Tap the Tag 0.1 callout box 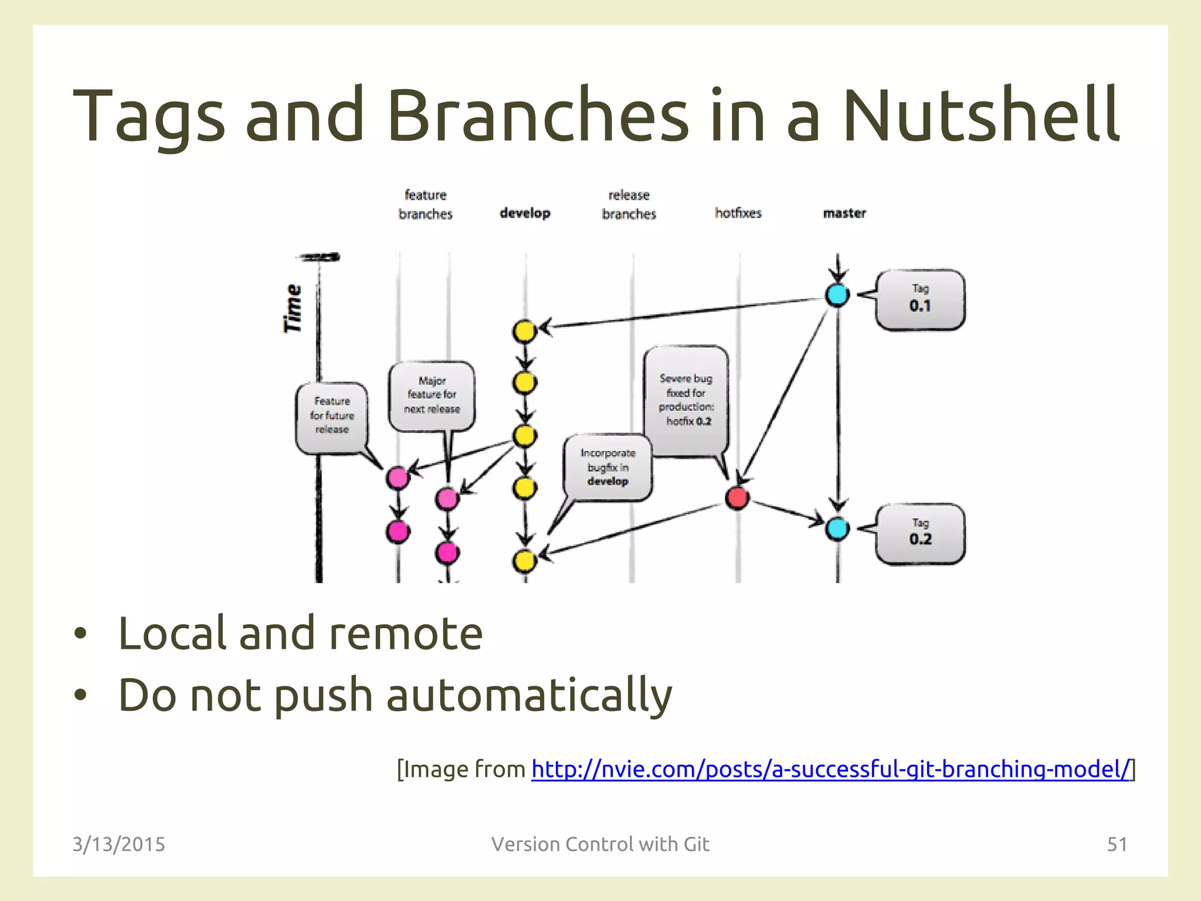click(920, 300)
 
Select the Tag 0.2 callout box click(920, 534)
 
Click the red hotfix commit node click(737, 497)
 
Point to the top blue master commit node click(837, 294)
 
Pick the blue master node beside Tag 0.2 click(837, 529)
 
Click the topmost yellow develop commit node click(524, 331)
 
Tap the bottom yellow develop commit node click(524, 561)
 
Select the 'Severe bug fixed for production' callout click(686, 400)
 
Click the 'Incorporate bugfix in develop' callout click(608, 468)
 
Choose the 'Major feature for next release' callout click(432, 395)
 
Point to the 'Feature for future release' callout click(332, 416)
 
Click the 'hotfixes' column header click(738, 213)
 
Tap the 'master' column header click(844, 214)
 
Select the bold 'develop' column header click(525, 214)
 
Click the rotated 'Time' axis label click(293, 308)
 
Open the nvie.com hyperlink click(830, 769)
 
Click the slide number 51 click(1117, 844)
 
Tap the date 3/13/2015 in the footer click(119, 844)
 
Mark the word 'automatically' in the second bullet click(529, 696)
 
